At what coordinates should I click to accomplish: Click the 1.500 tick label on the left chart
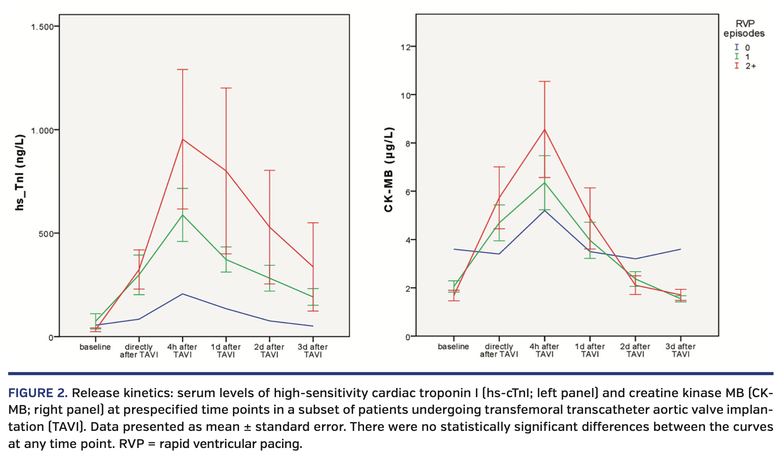(42, 27)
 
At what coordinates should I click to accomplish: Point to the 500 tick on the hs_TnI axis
(46, 234)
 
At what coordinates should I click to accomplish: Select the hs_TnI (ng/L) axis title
(20, 172)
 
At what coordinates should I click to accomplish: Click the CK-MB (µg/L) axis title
(389, 170)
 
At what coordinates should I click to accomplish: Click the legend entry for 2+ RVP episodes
(746, 66)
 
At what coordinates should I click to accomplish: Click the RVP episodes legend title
(744, 28)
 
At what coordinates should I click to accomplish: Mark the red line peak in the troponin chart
(182, 139)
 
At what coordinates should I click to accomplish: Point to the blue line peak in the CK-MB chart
(544, 210)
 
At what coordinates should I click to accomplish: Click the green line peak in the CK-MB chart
(544, 182)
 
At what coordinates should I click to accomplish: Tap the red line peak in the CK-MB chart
(544, 130)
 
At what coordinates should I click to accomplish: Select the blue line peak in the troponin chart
(182, 294)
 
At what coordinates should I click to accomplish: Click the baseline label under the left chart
(95, 347)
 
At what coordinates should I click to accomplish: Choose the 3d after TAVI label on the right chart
(680, 350)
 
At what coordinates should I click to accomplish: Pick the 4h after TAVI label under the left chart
(182, 350)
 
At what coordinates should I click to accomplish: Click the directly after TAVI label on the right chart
(499, 350)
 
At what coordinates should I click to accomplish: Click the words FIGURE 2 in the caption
(38, 393)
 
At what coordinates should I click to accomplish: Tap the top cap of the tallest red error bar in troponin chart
(182, 69)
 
